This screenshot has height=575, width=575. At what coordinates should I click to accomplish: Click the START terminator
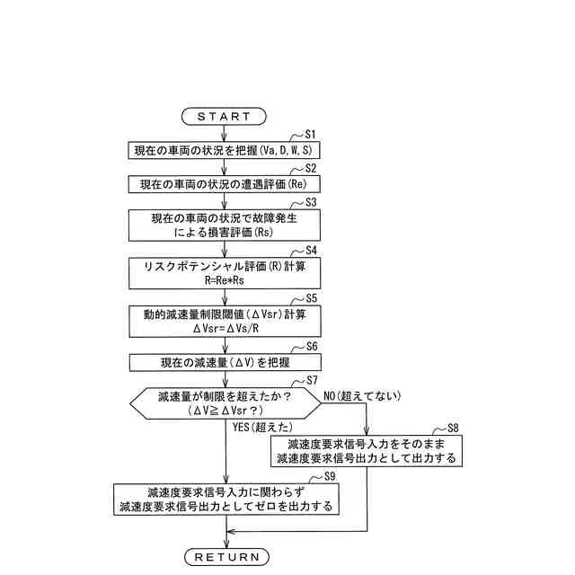coord(224,116)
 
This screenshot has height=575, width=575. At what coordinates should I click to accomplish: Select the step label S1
coord(312,133)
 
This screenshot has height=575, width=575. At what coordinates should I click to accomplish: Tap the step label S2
coord(312,167)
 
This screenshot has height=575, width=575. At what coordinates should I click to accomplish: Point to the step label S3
coord(312,202)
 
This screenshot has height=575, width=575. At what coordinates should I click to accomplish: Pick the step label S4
coord(312,250)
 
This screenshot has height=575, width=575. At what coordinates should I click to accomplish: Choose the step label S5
coord(312,296)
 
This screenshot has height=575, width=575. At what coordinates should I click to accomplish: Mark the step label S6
coord(312,345)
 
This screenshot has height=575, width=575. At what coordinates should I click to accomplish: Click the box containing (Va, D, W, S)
coord(224,149)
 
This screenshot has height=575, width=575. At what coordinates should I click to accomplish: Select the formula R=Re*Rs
coord(224,279)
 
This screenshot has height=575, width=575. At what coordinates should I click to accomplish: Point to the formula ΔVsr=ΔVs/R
coord(224,328)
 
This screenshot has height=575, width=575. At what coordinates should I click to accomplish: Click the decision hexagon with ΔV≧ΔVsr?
coord(224,402)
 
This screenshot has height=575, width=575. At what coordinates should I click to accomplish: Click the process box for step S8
coord(367,451)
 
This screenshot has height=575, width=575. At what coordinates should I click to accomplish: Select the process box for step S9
coord(226,500)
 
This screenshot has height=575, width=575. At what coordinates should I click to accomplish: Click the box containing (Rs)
coord(224,225)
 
